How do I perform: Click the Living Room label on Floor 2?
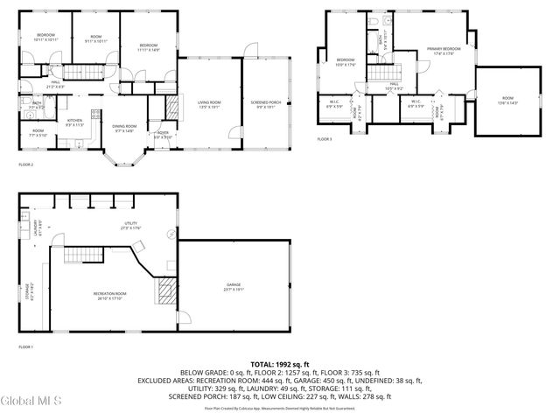point(208,105)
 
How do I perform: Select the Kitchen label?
point(74,123)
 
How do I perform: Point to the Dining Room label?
point(123,129)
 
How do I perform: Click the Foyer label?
point(163,135)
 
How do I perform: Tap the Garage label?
point(234,287)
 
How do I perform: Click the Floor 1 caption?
point(25,347)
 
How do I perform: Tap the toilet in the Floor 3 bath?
point(372,20)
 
